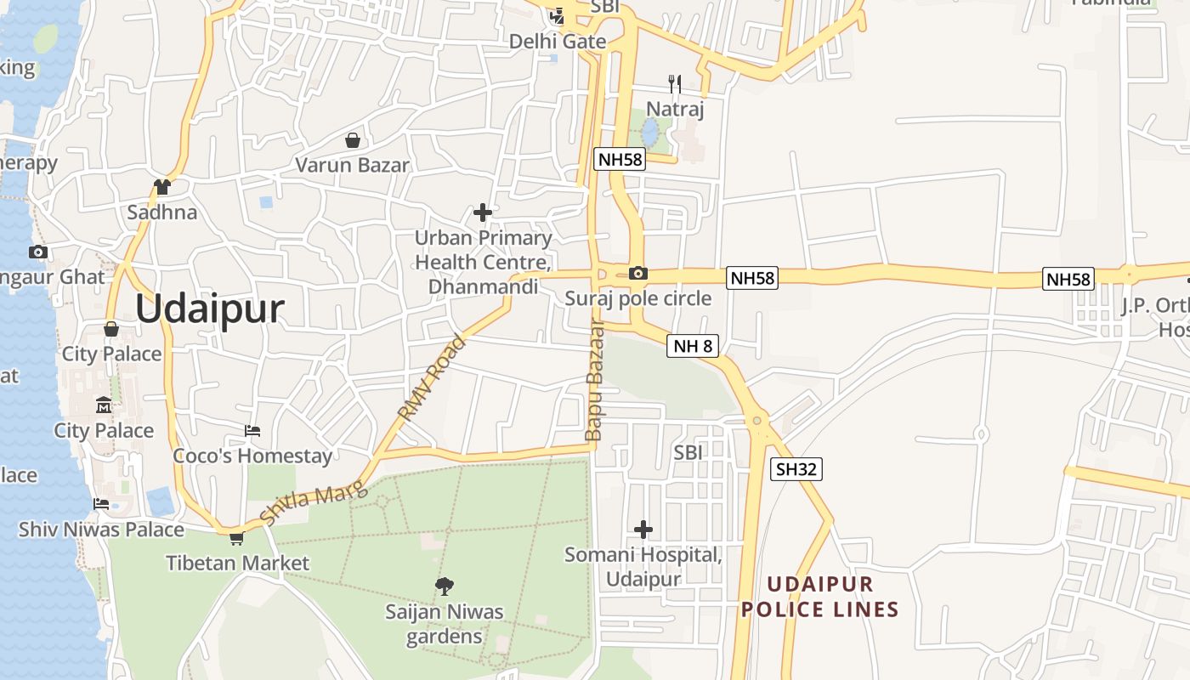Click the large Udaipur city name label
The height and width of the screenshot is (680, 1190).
(209, 309)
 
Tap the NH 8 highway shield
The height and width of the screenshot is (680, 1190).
(693, 346)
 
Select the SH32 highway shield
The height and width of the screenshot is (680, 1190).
(796, 468)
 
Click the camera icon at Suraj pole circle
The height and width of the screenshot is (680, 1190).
(637, 273)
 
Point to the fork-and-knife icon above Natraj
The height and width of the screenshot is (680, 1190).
(675, 83)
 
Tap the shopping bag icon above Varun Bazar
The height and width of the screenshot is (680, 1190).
(352, 140)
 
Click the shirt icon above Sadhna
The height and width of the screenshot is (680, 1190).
(161, 187)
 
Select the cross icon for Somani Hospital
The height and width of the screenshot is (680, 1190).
(643, 530)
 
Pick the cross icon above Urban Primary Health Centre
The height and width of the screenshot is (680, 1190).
(483, 212)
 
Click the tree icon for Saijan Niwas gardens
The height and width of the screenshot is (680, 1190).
(444, 586)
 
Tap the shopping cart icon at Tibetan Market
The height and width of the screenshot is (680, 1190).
(236, 538)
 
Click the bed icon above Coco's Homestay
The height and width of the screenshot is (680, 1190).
(252, 431)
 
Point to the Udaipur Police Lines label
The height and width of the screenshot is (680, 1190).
(820, 597)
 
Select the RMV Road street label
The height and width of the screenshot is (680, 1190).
(433, 377)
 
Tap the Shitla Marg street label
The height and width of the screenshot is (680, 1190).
(314, 503)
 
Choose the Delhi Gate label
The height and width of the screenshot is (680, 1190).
(558, 41)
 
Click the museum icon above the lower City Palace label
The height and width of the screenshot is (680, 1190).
(104, 405)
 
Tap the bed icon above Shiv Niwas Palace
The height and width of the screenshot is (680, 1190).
(101, 503)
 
